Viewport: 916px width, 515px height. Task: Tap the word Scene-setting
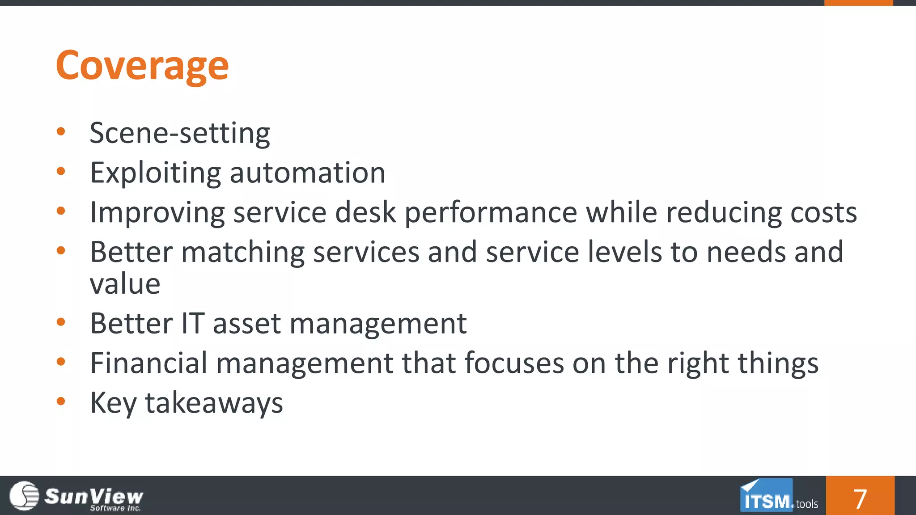[180, 133]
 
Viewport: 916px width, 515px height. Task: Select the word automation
[307, 173]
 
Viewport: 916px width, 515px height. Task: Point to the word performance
[491, 212]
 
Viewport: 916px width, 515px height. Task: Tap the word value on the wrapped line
[125, 284]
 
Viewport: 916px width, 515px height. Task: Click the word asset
[246, 324]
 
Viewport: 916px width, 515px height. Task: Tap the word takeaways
[214, 402]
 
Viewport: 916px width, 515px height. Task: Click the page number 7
[860, 498]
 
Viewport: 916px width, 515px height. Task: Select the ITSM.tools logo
[779, 496]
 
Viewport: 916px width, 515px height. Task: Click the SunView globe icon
[25, 495]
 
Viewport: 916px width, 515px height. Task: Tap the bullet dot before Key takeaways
[61, 401]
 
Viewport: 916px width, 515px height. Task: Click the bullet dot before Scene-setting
[61, 131]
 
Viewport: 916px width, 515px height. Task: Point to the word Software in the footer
[107, 508]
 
